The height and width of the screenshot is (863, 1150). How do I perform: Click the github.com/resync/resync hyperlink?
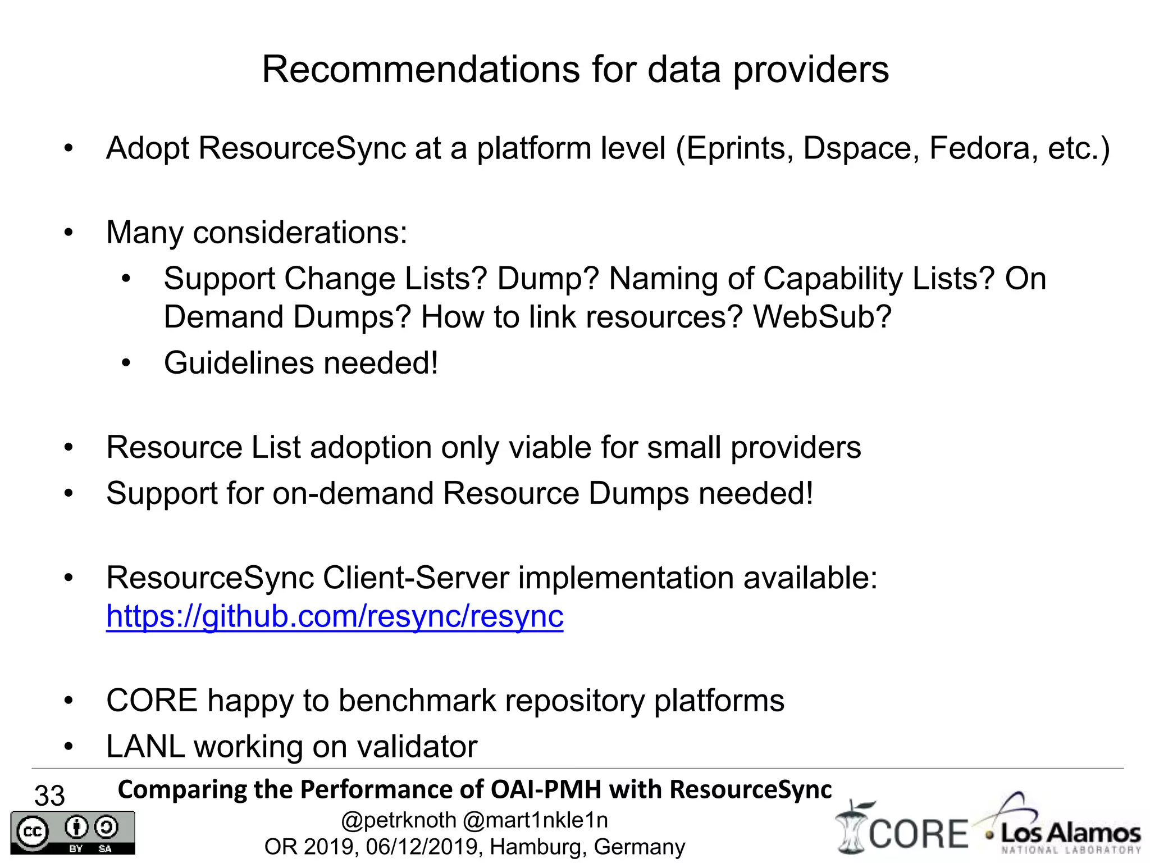pos(335,616)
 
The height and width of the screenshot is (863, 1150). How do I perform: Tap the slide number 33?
pos(49,796)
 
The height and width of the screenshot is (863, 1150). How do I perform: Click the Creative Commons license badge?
pos(72,833)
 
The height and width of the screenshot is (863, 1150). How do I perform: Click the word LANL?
pos(145,747)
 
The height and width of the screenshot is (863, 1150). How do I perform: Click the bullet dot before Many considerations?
pos(69,233)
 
